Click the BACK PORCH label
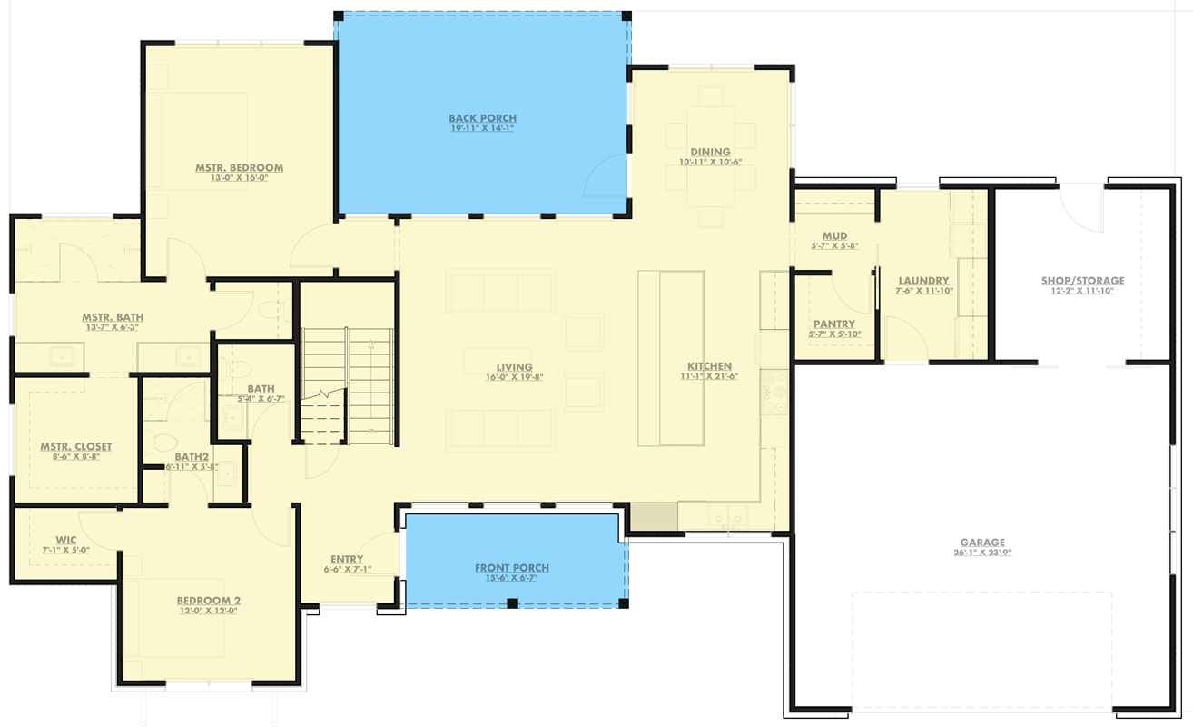pyautogui.click(x=482, y=118)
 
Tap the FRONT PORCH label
pyautogui.click(x=512, y=568)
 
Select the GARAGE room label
pyautogui.click(x=982, y=543)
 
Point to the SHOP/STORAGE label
pyautogui.click(x=1083, y=281)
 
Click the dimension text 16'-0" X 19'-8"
pyautogui.click(x=515, y=377)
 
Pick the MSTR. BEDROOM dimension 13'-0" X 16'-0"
pyautogui.click(x=239, y=178)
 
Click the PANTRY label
pyautogui.click(x=834, y=324)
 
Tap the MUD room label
pyautogui.click(x=834, y=236)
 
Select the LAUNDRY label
pyautogui.click(x=924, y=281)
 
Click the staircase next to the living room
pyautogui.click(x=347, y=386)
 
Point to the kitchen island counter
pyautogui.click(x=671, y=358)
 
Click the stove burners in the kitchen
pyautogui.click(x=774, y=393)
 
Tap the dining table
pyautogui.click(x=711, y=156)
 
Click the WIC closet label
pyautogui.click(x=66, y=541)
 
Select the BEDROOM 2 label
pyautogui.click(x=209, y=601)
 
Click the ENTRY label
pyautogui.click(x=347, y=559)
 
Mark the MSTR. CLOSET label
pyautogui.click(x=76, y=446)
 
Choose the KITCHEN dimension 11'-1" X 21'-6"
pyautogui.click(x=709, y=376)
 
